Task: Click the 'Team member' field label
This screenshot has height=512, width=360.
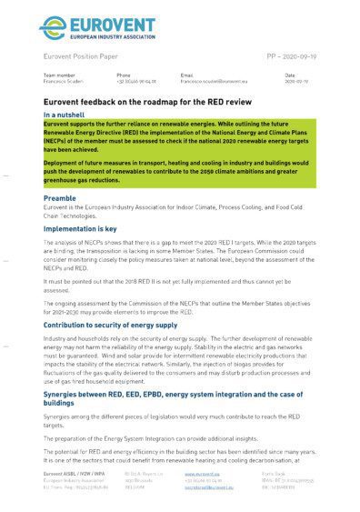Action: pos(60,75)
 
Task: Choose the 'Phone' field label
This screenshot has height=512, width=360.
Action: pos(124,75)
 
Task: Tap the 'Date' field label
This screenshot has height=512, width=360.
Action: pos(290,75)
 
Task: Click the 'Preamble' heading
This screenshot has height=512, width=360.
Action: pos(60,196)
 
